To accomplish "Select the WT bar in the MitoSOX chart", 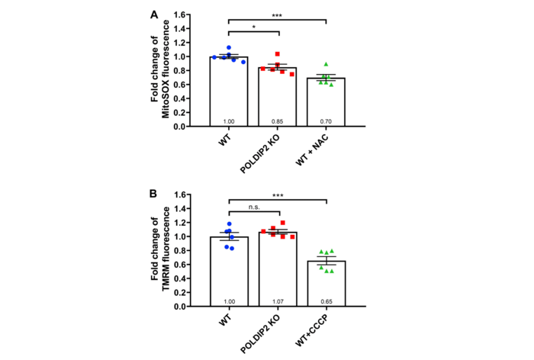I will tap(229, 95).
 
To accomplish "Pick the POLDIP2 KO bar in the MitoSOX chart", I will tap(277, 99).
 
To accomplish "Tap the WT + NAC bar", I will tap(326, 104).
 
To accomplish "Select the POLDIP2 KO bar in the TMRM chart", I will tap(277, 271).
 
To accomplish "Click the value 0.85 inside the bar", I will tap(277, 122).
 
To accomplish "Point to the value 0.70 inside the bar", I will tap(326, 122).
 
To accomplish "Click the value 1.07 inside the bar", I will tap(277, 302).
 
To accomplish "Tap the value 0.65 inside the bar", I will tap(326, 302).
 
